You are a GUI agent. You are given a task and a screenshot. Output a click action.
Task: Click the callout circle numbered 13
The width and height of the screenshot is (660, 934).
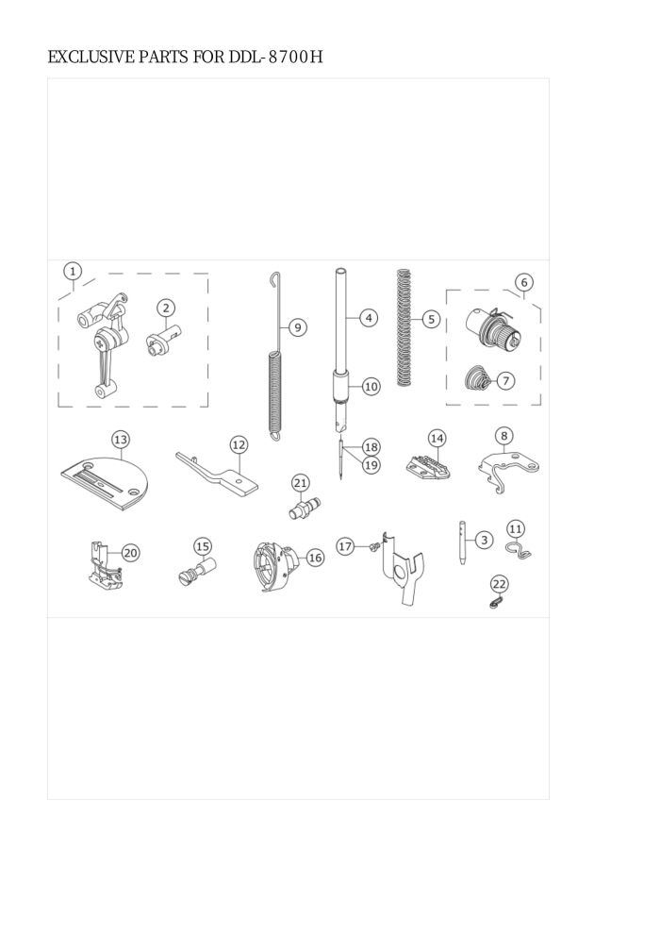point(121,440)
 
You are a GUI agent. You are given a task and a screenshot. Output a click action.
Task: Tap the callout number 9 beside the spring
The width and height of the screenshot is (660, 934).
point(298,327)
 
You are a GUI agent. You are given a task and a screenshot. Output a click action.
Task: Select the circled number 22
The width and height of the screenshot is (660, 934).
point(500,584)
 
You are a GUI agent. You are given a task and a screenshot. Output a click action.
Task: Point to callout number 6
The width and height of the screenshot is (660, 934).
point(523,282)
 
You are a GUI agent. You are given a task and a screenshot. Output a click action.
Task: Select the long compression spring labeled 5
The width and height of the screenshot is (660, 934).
point(404,327)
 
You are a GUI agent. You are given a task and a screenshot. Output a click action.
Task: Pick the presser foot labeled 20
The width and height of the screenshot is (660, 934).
point(103,565)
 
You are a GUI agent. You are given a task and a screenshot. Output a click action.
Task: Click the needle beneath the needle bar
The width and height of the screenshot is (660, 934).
point(339,459)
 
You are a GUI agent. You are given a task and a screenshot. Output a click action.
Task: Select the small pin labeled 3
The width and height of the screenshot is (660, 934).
point(462,543)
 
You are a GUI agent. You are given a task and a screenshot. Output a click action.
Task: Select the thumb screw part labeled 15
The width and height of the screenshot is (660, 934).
point(197,571)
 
